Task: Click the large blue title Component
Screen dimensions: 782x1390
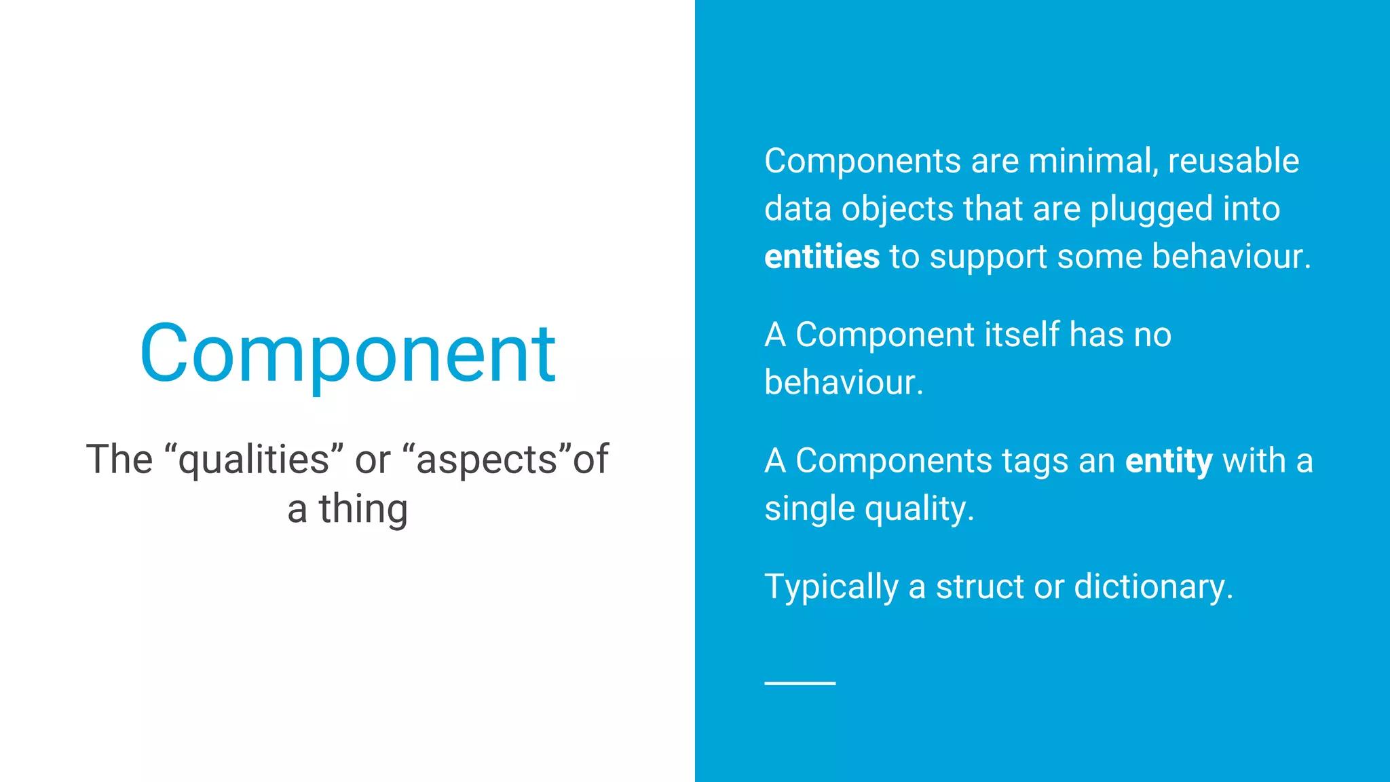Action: pyautogui.click(x=347, y=354)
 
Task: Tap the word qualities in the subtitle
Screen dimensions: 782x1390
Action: pyautogui.click(x=253, y=460)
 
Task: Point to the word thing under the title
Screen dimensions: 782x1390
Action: pyautogui.click(x=364, y=510)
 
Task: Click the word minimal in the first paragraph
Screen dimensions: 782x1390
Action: pyautogui.click(x=1093, y=162)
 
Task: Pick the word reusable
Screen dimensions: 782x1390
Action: pyautogui.click(x=1233, y=162)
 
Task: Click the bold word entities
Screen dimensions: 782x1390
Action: pyautogui.click(x=822, y=257)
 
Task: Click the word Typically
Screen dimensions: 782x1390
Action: pyautogui.click(x=831, y=587)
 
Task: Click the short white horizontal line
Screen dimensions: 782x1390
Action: pyautogui.click(x=800, y=683)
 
